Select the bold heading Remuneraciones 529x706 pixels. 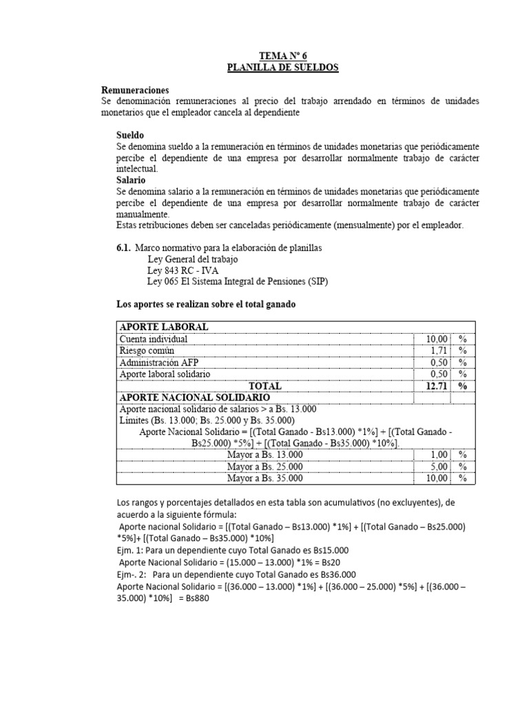[135, 90]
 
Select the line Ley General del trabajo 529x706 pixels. [192, 259]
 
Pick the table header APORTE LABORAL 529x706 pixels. [164, 327]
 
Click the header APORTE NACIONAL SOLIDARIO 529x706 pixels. [194, 399]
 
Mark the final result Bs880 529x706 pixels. [194, 598]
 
